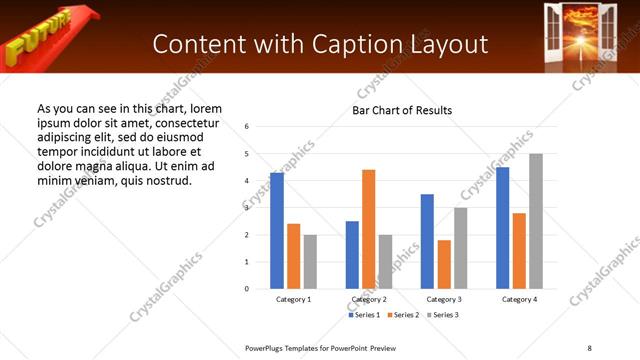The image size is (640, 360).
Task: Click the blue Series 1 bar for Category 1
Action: pyautogui.click(x=277, y=231)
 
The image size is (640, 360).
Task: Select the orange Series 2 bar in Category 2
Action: pyautogui.click(x=369, y=229)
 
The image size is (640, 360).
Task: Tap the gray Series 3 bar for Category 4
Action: pyautogui.click(x=536, y=221)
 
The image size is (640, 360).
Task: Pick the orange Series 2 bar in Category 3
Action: pyautogui.click(x=444, y=264)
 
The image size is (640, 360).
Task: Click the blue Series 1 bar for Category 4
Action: pyautogui.click(x=502, y=228)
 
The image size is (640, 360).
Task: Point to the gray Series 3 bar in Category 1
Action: pyautogui.click(x=310, y=262)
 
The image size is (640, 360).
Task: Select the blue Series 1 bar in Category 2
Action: pyautogui.click(x=352, y=255)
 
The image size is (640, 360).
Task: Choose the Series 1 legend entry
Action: pyautogui.click(x=364, y=315)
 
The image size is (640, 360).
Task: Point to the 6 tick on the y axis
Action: pyautogui.click(x=247, y=127)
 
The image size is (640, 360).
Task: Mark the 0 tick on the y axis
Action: pyautogui.click(x=247, y=289)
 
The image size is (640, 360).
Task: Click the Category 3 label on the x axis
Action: pyautogui.click(x=444, y=299)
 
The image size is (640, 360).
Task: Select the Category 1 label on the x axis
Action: pyautogui.click(x=294, y=299)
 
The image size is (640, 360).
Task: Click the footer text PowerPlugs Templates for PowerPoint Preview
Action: pyautogui.click(x=321, y=347)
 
